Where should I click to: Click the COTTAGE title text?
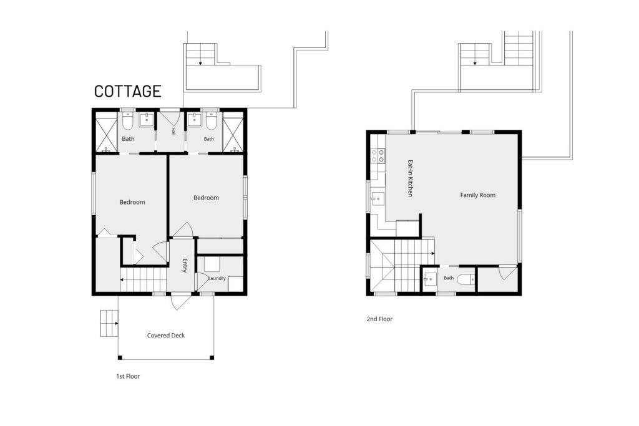click(127, 91)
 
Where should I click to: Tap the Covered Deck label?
click(166, 335)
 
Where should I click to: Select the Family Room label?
click(477, 195)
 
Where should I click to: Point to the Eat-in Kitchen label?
click(411, 178)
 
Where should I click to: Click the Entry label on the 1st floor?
click(185, 266)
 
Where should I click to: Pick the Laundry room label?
click(217, 278)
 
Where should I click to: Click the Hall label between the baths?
click(173, 131)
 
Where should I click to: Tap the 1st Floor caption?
click(128, 376)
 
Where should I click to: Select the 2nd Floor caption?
click(379, 319)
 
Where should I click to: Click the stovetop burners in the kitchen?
click(378, 156)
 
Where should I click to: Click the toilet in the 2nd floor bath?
click(466, 279)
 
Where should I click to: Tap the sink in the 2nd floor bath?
click(430, 279)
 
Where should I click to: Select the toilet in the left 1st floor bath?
click(127, 121)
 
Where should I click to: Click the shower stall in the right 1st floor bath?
click(233, 133)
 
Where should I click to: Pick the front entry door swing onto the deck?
click(180, 301)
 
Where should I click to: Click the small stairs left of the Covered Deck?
click(109, 323)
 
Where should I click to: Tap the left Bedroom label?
click(132, 202)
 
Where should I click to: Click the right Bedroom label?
click(206, 198)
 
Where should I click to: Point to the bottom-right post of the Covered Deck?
click(212, 357)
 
